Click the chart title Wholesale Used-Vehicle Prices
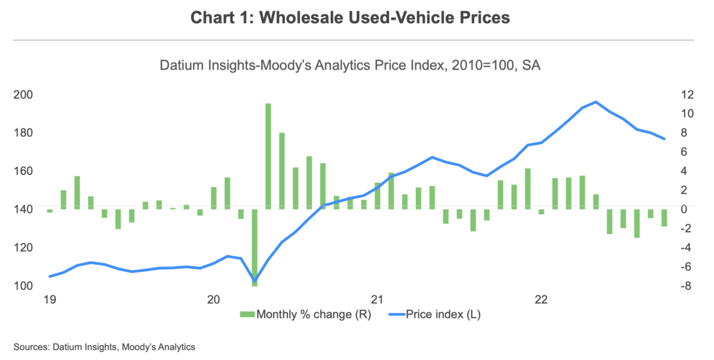(x=350, y=18)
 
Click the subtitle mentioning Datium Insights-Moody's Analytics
(x=350, y=66)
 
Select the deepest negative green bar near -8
(x=255, y=247)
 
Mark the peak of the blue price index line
(x=596, y=102)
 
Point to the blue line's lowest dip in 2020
(x=255, y=280)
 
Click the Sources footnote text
(x=104, y=346)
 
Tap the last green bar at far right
(x=663, y=217)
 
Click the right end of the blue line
(x=664, y=139)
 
